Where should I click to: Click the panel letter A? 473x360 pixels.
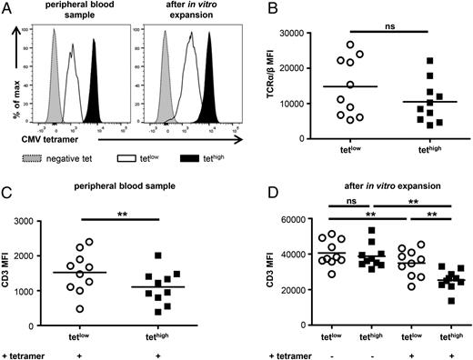pos(8,8)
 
